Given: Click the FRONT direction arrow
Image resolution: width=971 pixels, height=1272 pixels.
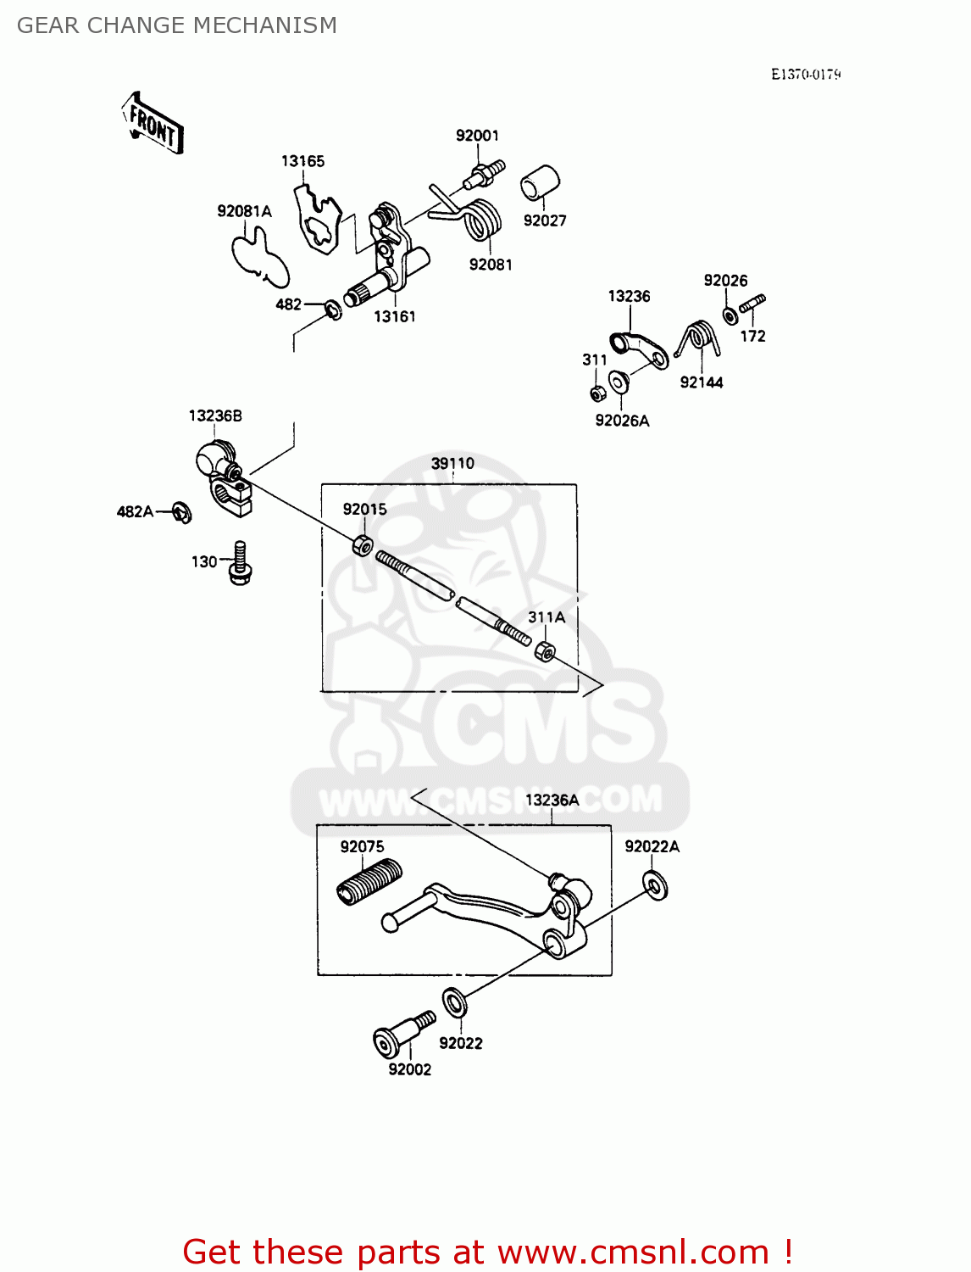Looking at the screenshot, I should point(153,125).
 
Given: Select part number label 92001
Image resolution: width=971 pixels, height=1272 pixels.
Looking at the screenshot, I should point(477,136).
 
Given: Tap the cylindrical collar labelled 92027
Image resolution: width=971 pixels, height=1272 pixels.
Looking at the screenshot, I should point(540,182).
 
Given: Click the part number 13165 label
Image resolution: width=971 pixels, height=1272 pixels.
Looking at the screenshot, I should point(302,161).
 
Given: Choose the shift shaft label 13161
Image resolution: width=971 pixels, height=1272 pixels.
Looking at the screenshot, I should point(395,316).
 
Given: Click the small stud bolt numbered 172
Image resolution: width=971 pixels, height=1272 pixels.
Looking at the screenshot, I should point(752,304).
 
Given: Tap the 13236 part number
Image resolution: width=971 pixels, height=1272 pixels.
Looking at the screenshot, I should point(629,296).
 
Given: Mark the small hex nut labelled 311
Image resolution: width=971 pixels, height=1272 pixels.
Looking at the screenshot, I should point(596,393).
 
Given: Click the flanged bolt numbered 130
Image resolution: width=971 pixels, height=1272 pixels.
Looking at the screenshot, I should point(241,564).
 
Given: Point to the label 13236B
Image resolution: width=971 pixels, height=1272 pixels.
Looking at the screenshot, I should point(215,416).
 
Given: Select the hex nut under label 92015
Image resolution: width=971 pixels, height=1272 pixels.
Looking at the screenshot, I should point(362,544).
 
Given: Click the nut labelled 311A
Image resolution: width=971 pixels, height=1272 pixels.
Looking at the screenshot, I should point(545,652).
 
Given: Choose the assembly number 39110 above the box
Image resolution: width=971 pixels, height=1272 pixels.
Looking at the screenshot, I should point(452,464).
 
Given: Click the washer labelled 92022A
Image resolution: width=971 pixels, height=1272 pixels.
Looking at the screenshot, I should point(655,885).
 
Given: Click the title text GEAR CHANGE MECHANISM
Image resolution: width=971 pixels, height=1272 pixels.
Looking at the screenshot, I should point(177,25).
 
